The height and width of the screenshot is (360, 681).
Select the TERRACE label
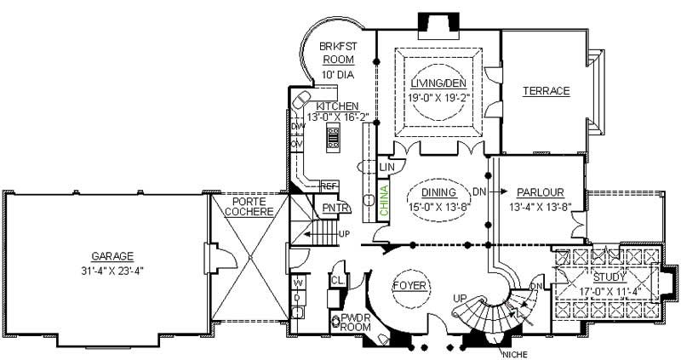click(x=546, y=91)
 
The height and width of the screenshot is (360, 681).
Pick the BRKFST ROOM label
click(x=337, y=53)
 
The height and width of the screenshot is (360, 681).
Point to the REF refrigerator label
click(x=328, y=186)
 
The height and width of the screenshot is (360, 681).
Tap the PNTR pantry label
click(x=333, y=207)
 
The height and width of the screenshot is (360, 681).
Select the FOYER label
click(x=409, y=285)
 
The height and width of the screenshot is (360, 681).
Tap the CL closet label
click(x=337, y=279)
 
